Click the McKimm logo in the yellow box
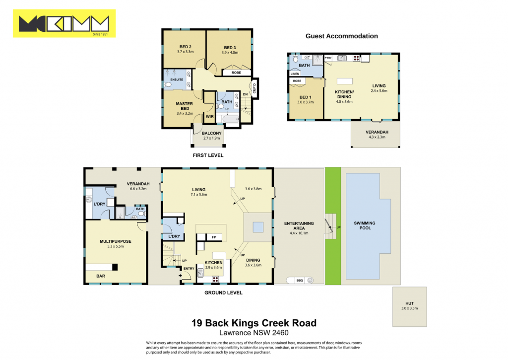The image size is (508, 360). click(x=64, y=23)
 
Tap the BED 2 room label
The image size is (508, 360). click(x=186, y=47)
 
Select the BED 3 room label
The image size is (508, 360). click(x=230, y=48)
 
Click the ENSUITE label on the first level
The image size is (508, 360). click(x=177, y=79)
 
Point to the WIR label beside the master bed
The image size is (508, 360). click(x=210, y=117)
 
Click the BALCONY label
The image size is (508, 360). click(x=211, y=133)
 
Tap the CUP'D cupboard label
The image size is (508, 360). click(x=254, y=88)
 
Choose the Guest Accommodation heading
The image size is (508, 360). click(x=341, y=36)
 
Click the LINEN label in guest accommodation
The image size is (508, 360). click(x=295, y=73)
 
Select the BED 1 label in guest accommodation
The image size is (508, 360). click(x=305, y=97)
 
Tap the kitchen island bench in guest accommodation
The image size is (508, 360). click(x=345, y=81)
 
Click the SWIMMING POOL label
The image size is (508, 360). click(x=365, y=225)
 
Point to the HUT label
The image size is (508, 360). click(x=409, y=303)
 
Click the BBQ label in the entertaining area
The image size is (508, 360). click(x=300, y=280)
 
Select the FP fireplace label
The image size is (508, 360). click(x=214, y=237)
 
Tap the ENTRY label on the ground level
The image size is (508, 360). click(x=189, y=269)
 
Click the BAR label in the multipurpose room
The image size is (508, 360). click(x=100, y=276)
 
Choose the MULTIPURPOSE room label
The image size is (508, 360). click(x=116, y=241)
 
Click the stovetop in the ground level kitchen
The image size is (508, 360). click(x=215, y=279)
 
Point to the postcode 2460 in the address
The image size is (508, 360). click(x=280, y=333)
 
